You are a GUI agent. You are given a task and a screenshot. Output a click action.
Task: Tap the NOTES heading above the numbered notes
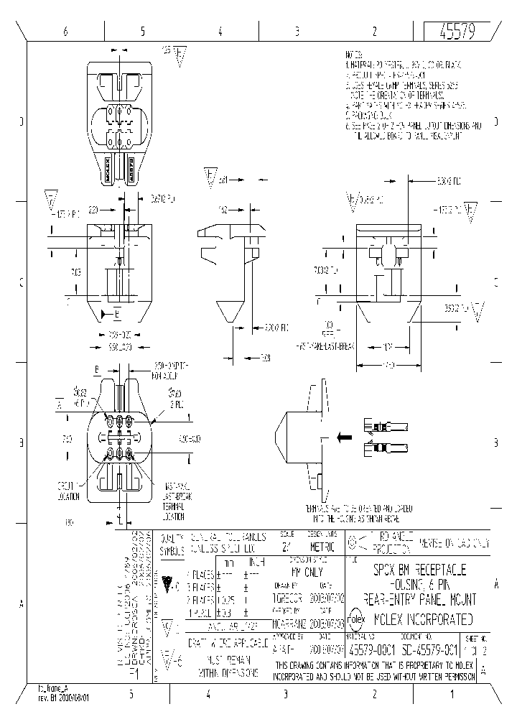coord(353,55)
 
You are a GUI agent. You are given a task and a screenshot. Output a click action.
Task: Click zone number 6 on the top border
coord(65,31)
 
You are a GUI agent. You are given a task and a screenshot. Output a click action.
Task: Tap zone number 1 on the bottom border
coord(451,694)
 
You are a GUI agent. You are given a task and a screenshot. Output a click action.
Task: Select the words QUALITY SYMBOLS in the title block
coord(172,543)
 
